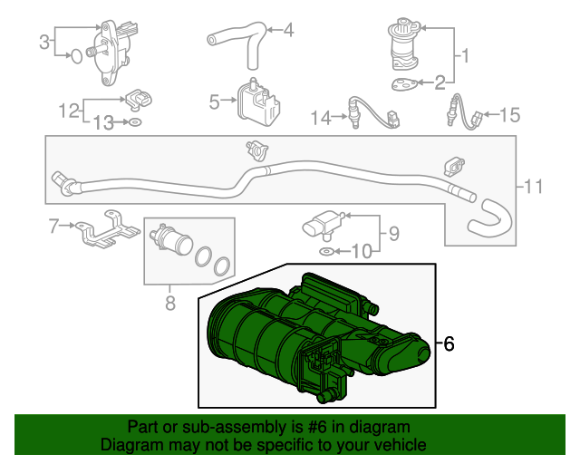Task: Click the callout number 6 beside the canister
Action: pos(449,343)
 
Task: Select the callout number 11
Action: pos(533,186)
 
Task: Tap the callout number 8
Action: pos(170,303)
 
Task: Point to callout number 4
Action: pos(288,30)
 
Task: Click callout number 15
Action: pos(510,115)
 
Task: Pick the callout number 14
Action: pos(320,118)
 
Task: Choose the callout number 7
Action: pos(54,226)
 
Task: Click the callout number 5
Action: pos(214,102)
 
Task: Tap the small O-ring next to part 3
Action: pos(76,56)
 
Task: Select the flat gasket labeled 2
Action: pos(405,84)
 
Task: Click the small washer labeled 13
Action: pos(135,121)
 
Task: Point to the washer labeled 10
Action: pos(326,252)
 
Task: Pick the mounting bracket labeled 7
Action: pos(107,230)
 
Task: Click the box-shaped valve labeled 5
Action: pos(258,101)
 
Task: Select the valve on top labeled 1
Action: pos(404,43)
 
